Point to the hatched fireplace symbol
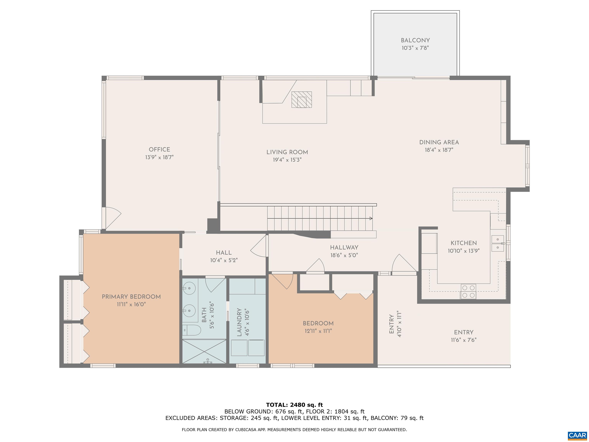pos(301,100)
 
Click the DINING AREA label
pos(439,143)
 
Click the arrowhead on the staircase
pos(371,219)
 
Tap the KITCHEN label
pos(464,243)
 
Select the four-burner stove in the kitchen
pos(468,291)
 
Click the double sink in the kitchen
pos(498,243)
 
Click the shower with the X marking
pos(204,351)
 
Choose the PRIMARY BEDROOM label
pos(131,297)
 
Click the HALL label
pos(224,253)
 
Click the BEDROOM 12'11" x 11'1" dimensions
pos(318,331)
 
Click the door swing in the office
pos(114,219)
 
